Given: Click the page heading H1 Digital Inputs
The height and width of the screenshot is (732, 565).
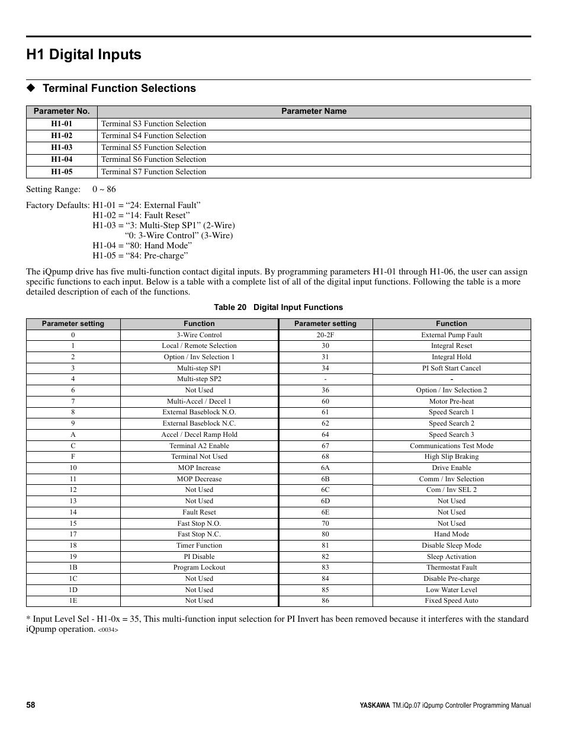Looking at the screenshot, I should (x=84, y=55).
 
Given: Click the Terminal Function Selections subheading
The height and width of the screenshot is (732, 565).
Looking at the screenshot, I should (x=118, y=88).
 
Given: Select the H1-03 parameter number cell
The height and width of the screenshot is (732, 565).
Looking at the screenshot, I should (x=62, y=148).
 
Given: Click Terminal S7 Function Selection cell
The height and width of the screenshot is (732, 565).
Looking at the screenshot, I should (x=154, y=172).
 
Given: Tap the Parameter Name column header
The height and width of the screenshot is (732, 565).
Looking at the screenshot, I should (x=314, y=111).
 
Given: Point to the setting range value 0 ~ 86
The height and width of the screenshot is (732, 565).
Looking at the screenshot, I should (x=104, y=190).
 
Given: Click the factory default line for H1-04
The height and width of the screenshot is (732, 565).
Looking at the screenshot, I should (x=142, y=245).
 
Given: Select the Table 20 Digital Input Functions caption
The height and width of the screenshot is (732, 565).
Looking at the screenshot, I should (x=278, y=307).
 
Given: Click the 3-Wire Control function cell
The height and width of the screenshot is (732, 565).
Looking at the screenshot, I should (x=199, y=335).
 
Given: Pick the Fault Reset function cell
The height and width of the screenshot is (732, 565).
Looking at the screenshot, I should (x=199, y=512).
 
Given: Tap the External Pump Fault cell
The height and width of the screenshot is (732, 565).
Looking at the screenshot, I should (x=451, y=335).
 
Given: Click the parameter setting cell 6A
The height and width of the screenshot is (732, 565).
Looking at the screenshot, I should (x=325, y=468).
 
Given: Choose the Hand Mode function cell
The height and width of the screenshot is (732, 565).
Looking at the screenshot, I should (x=451, y=534).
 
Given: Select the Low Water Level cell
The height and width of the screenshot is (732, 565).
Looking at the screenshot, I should (x=451, y=590).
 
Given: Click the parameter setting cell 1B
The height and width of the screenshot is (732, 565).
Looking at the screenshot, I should (x=73, y=567).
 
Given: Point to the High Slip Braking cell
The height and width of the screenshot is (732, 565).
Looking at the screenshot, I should (x=451, y=456).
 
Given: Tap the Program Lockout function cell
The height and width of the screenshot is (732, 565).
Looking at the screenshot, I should (x=199, y=567).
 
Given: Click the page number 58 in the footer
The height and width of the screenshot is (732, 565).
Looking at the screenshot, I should (x=31, y=705).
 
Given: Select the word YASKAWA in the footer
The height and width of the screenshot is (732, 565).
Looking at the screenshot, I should (x=375, y=705).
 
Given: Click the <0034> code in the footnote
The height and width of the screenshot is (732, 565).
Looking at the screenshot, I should (x=108, y=630).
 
